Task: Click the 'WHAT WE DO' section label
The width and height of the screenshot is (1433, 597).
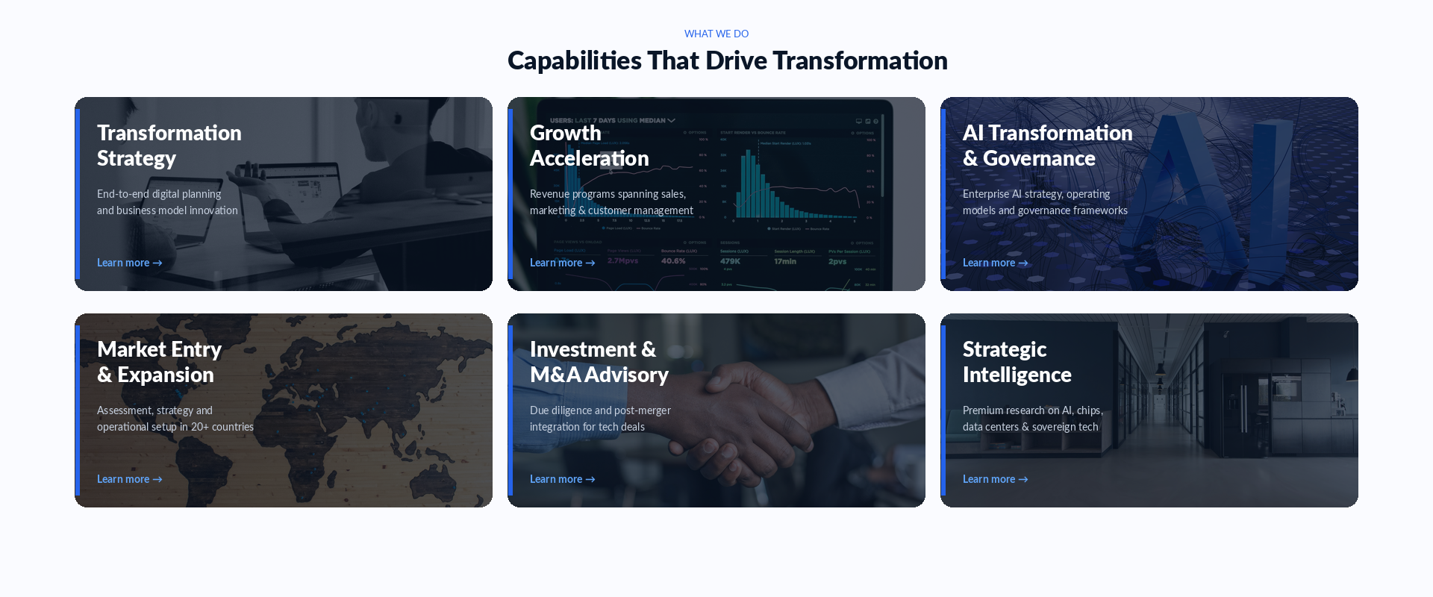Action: [716, 34]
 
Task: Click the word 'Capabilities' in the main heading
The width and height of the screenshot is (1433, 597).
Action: [574, 60]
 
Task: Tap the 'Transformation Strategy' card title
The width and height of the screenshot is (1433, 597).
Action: [169, 146]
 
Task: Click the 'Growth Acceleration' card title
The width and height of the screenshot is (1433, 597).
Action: [589, 146]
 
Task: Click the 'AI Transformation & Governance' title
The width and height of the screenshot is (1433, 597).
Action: [1046, 146]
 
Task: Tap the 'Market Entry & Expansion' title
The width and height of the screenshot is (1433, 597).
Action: [159, 362]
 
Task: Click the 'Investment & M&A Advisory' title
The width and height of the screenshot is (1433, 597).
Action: [599, 362]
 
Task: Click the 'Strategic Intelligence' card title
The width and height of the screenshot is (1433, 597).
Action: [1017, 362]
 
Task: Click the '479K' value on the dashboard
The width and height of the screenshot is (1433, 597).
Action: [730, 261]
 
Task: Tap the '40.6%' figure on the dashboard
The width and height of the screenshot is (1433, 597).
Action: [673, 261]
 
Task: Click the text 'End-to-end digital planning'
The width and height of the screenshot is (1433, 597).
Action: [159, 194]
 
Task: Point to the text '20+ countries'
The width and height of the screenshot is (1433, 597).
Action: [222, 427]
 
